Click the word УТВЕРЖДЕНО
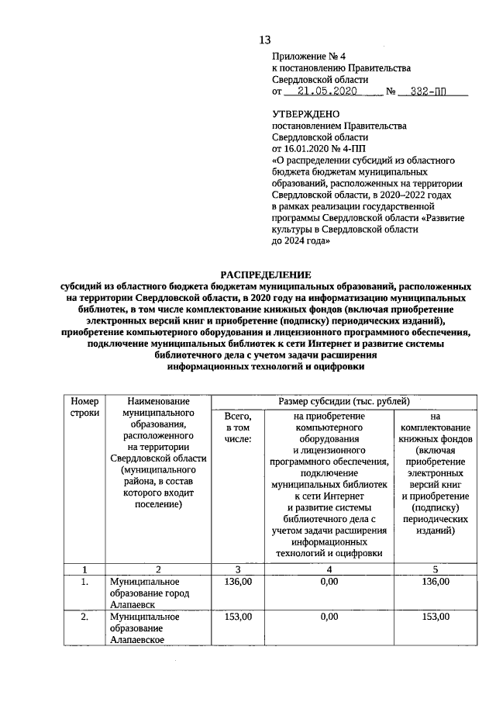pos(306,114)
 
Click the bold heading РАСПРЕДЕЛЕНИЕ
pos(265,275)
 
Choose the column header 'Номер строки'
pos(84,407)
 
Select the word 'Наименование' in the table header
pos(160,401)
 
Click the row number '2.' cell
pos(84,617)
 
